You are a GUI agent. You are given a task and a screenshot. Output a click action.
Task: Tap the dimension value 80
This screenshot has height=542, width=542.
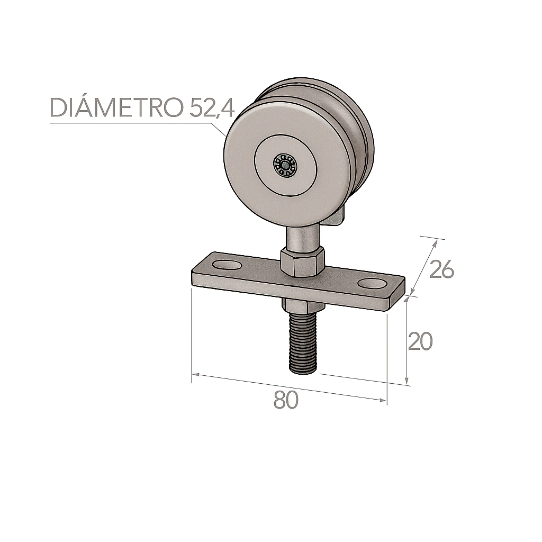(x=286, y=401)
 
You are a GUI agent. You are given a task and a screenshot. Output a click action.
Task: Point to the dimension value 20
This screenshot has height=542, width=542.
(x=420, y=342)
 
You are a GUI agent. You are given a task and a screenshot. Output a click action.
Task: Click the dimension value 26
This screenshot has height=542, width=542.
(x=441, y=270)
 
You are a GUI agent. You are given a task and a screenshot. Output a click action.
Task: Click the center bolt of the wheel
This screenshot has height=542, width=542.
(x=286, y=166)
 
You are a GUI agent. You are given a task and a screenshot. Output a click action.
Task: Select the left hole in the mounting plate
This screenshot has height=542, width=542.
(x=226, y=264)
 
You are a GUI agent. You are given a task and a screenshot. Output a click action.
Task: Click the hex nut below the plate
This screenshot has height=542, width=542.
(x=300, y=306)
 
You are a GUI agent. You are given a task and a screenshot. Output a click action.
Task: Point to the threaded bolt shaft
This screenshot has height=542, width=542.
(x=303, y=344)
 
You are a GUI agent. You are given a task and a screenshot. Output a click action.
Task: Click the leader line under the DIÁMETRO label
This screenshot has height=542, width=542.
(x=132, y=123)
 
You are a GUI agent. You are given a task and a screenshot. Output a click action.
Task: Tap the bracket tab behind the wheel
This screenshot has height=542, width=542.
(x=337, y=218)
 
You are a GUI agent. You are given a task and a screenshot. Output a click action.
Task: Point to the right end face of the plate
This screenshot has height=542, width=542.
(x=400, y=294)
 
